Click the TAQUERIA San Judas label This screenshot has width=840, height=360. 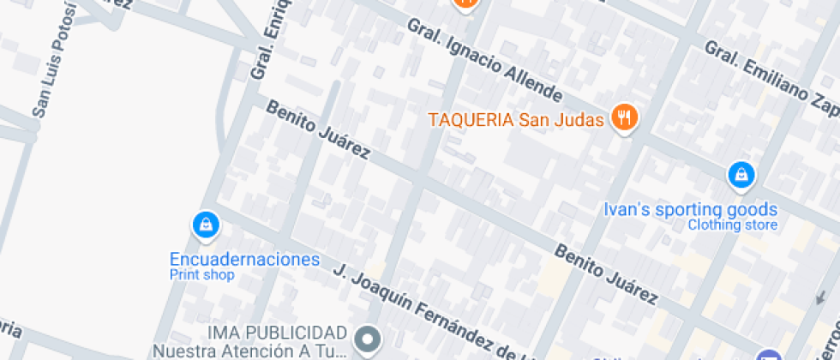(x=516, y=119)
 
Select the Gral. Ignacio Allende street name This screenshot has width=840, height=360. (x=484, y=60)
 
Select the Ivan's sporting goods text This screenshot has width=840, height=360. (x=690, y=209)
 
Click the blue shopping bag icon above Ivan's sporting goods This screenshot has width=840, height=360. (x=739, y=176)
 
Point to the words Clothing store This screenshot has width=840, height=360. (x=733, y=225)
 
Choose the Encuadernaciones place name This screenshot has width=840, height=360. (x=244, y=259)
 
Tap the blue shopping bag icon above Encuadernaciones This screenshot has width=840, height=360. (x=205, y=225)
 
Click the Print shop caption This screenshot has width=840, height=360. (x=201, y=275)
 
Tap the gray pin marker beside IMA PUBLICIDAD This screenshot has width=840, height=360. (x=369, y=339)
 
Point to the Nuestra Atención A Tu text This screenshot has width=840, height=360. (x=249, y=350)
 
